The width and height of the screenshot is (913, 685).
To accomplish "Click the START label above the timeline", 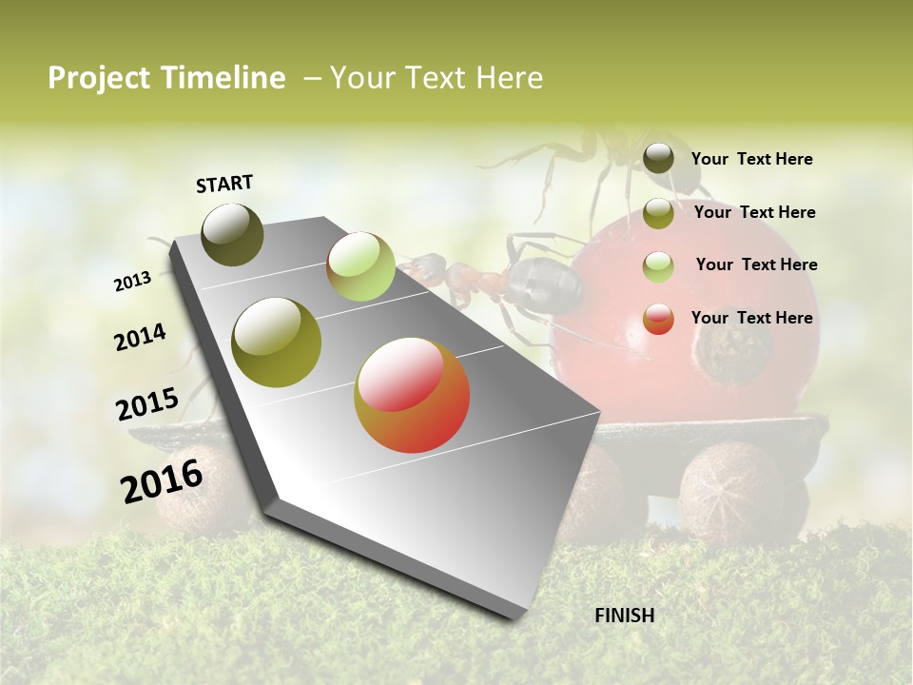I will [224, 184].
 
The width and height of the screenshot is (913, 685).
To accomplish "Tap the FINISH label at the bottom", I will [624, 616].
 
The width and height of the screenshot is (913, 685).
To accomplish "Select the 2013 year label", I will [132, 282].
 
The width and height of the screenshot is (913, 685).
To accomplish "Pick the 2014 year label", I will [140, 337].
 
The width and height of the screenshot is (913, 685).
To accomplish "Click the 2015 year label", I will [147, 404].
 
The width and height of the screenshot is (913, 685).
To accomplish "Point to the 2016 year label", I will [162, 480].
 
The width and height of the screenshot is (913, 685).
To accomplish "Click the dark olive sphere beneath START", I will [233, 234].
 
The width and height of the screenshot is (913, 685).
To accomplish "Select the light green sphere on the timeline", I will [360, 265].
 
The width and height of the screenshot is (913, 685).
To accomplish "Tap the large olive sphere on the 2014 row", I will [277, 342].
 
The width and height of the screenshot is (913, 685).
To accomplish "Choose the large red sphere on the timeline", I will [412, 395].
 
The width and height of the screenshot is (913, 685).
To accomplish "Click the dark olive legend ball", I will [658, 159].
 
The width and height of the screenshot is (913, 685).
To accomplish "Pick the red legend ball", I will [658, 319].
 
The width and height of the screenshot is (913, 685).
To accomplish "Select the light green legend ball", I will [658, 266].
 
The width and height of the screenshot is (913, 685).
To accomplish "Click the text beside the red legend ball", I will [751, 318].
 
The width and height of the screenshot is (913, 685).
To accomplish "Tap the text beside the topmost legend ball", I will [751, 159].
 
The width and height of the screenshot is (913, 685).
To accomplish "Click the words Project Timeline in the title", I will [166, 78].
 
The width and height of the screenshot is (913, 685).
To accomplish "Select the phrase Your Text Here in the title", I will [436, 78].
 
